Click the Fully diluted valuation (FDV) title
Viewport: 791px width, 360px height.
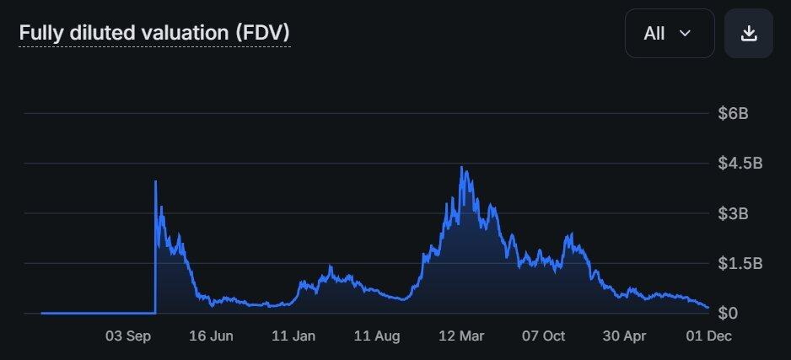pos(154,34)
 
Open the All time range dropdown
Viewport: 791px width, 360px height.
pos(670,34)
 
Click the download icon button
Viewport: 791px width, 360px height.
pos(748,34)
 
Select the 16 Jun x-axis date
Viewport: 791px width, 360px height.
pos(211,336)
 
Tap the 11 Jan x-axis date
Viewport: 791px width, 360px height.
pos(293,336)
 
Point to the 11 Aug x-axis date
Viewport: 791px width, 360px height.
pos(377,336)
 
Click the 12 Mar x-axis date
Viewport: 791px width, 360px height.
pos(460,336)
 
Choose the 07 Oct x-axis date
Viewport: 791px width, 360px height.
pos(542,336)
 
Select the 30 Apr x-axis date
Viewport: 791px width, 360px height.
pos(625,336)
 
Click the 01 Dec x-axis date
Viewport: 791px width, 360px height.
pos(706,336)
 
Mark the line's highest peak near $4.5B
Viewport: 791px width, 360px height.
pos(461,167)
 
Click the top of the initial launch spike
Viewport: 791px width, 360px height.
pos(156,181)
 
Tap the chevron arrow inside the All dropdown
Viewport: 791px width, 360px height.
pos(685,34)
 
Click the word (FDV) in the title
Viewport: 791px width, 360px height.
pos(263,34)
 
